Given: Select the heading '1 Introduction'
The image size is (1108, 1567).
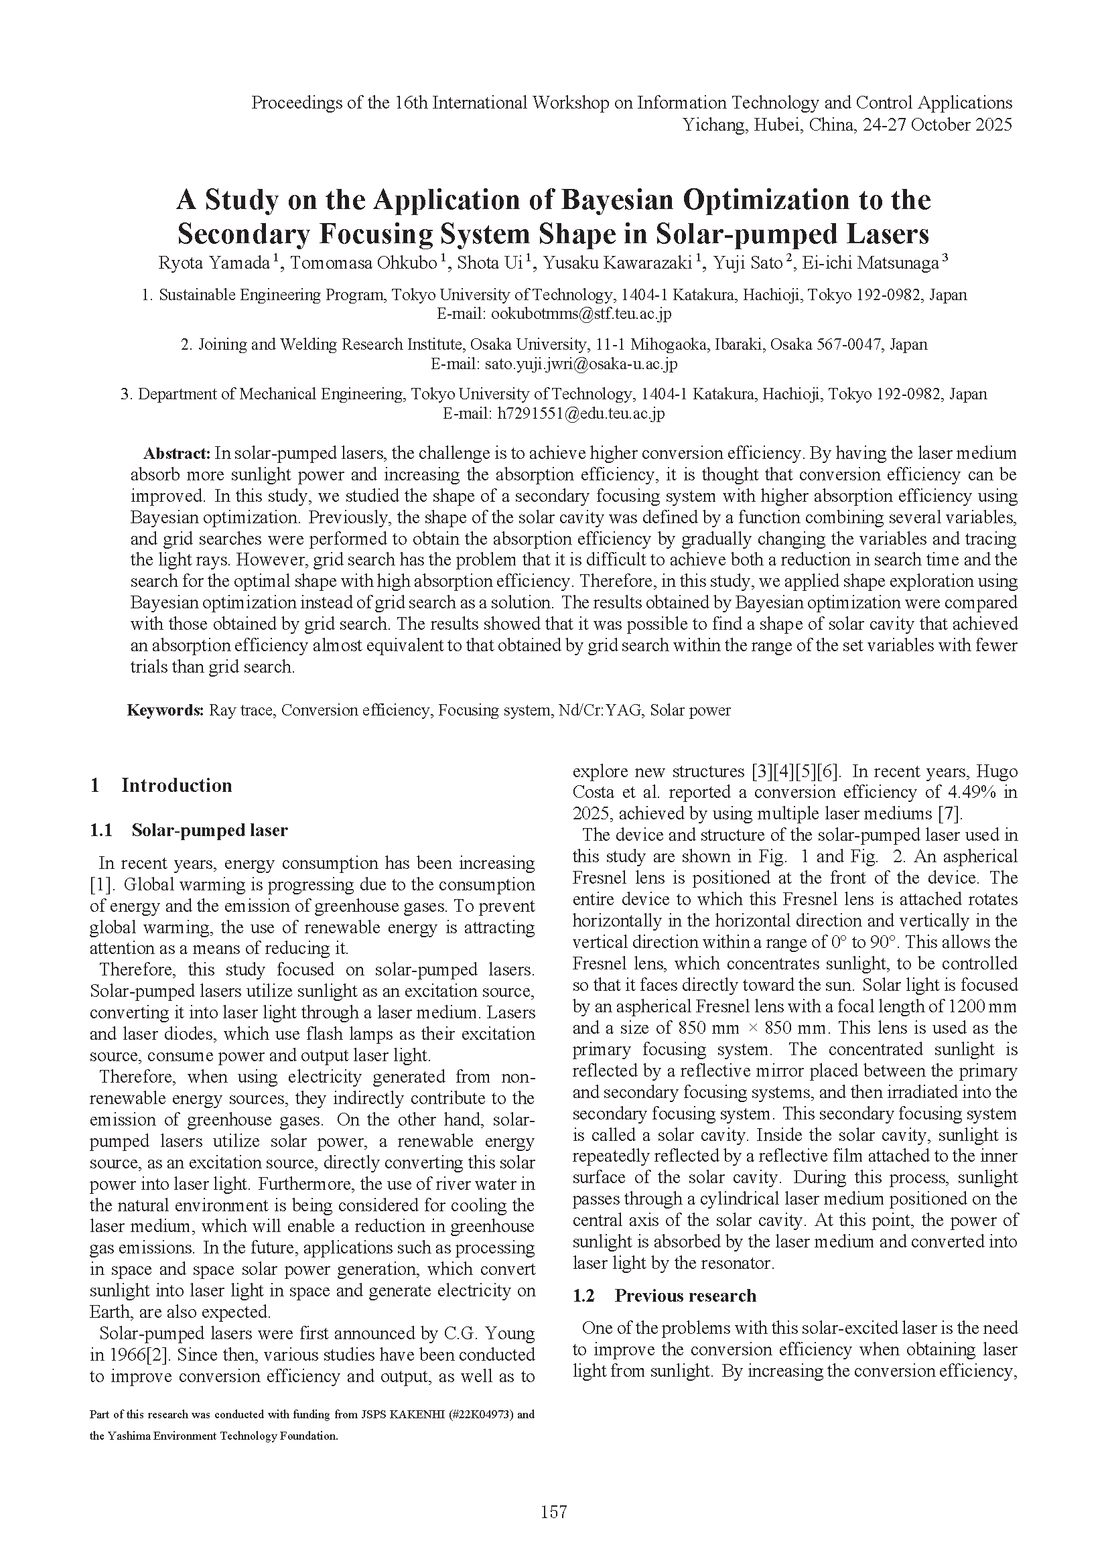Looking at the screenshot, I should (x=161, y=785).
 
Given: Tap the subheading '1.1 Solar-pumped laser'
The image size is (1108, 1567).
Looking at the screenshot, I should (x=189, y=830).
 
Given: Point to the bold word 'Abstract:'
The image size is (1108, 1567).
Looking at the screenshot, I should (x=176, y=453).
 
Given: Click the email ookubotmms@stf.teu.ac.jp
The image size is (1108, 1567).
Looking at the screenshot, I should (x=581, y=314).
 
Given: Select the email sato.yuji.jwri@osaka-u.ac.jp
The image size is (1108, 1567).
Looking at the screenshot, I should (x=581, y=364).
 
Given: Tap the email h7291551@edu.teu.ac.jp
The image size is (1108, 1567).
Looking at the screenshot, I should (x=581, y=413).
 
